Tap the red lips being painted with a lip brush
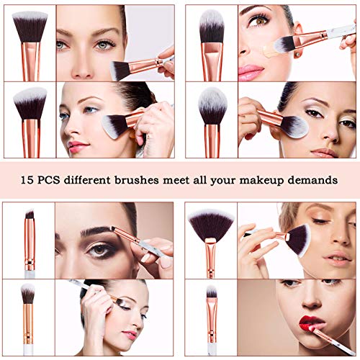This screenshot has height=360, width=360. tap(313, 321)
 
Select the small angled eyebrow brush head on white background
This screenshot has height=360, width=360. tap(29, 216)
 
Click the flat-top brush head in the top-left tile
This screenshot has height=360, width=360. tap(30, 25)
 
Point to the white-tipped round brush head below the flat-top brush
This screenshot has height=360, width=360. tap(30, 102)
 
